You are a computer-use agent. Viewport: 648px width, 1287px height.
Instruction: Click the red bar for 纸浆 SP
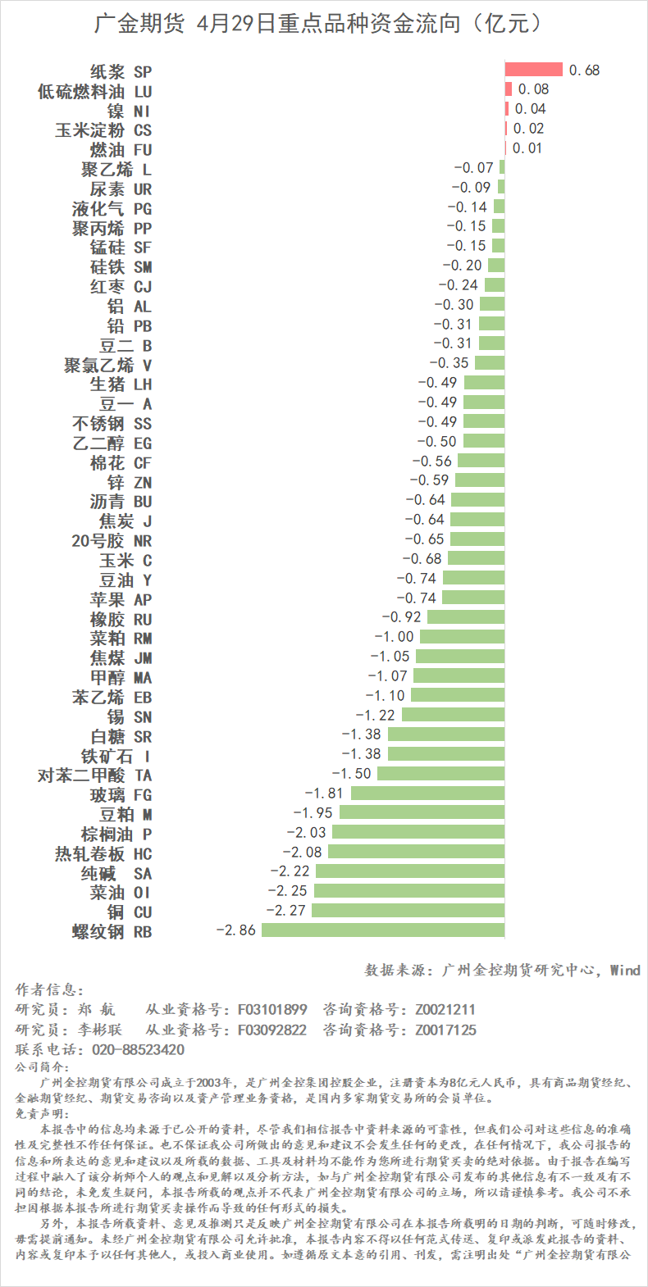click(x=533, y=70)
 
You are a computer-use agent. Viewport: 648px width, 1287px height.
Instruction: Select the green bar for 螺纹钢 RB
click(x=383, y=930)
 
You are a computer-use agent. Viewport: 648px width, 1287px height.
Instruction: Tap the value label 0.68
click(x=584, y=70)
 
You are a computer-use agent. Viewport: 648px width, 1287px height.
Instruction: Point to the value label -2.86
click(x=236, y=930)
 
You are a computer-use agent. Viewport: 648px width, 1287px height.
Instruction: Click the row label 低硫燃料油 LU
click(x=95, y=91)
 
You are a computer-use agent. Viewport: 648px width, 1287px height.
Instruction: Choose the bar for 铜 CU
click(x=408, y=911)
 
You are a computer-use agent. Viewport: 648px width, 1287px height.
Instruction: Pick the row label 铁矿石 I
click(x=115, y=756)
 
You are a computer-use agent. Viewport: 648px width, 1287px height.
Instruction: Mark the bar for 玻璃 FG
click(x=427, y=794)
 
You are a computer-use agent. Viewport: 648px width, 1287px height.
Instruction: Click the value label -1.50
click(x=351, y=774)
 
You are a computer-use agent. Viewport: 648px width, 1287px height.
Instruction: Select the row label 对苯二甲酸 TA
click(x=95, y=775)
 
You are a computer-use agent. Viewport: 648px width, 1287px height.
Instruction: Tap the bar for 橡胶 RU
click(x=466, y=617)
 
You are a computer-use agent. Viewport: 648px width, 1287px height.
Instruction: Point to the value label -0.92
click(x=401, y=617)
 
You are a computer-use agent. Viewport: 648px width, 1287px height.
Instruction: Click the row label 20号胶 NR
click(x=112, y=541)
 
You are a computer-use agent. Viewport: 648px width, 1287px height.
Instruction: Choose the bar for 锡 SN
click(x=453, y=715)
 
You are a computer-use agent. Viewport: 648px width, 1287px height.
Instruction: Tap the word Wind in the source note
click(x=625, y=970)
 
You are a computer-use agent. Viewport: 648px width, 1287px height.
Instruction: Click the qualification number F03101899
click(x=272, y=1009)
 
